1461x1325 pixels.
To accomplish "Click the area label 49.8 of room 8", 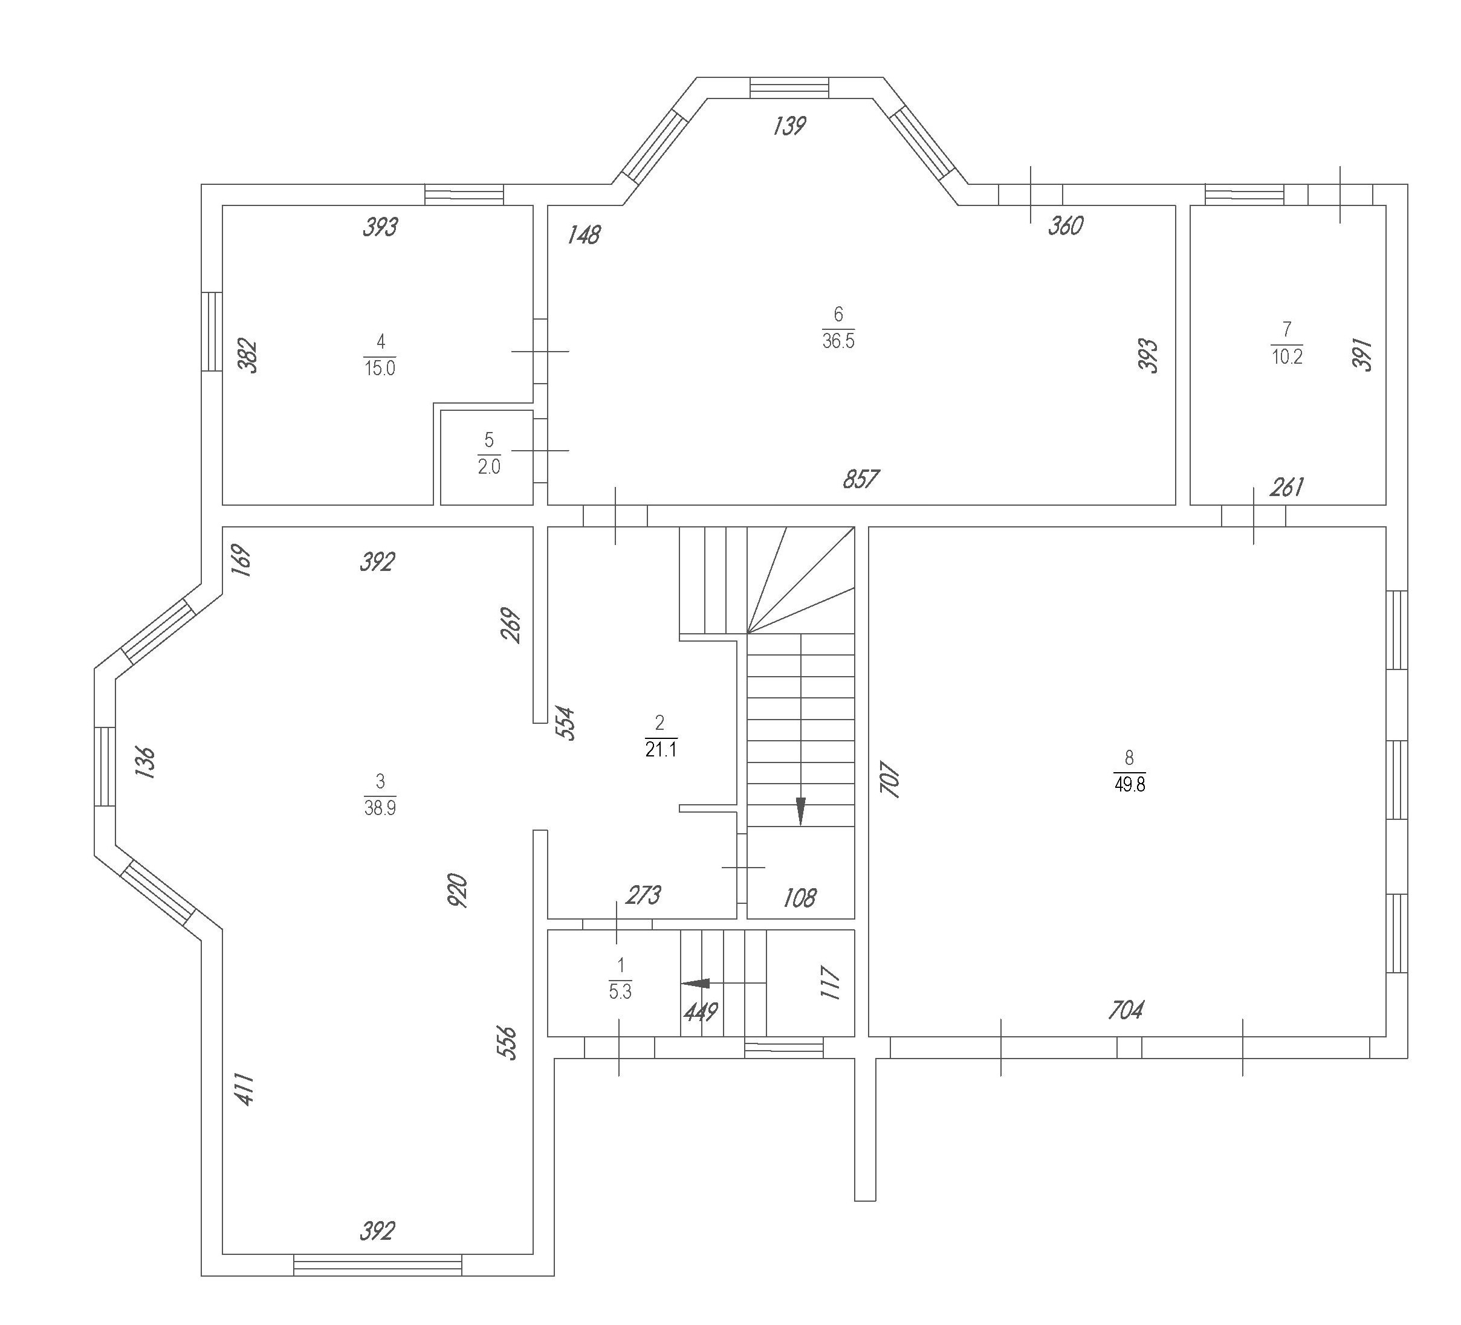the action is (x=1130, y=785).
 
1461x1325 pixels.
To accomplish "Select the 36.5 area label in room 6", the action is (x=838, y=341).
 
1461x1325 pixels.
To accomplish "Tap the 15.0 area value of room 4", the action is (x=380, y=369).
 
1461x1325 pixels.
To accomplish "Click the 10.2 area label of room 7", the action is (x=1287, y=357).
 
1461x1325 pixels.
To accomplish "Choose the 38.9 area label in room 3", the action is (x=380, y=808).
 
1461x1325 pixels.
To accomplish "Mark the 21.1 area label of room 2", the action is (x=661, y=750).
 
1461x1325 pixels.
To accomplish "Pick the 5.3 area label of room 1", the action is (x=620, y=991).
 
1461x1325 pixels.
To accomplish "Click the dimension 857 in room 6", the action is (x=861, y=480).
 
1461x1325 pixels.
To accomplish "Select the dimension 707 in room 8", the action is (x=890, y=779).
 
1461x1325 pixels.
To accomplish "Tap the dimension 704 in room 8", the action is (x=1126, y=1010).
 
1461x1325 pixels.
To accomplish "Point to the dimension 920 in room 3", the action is (x=458, y=891).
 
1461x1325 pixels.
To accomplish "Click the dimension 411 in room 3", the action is (x=245, y=1089).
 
